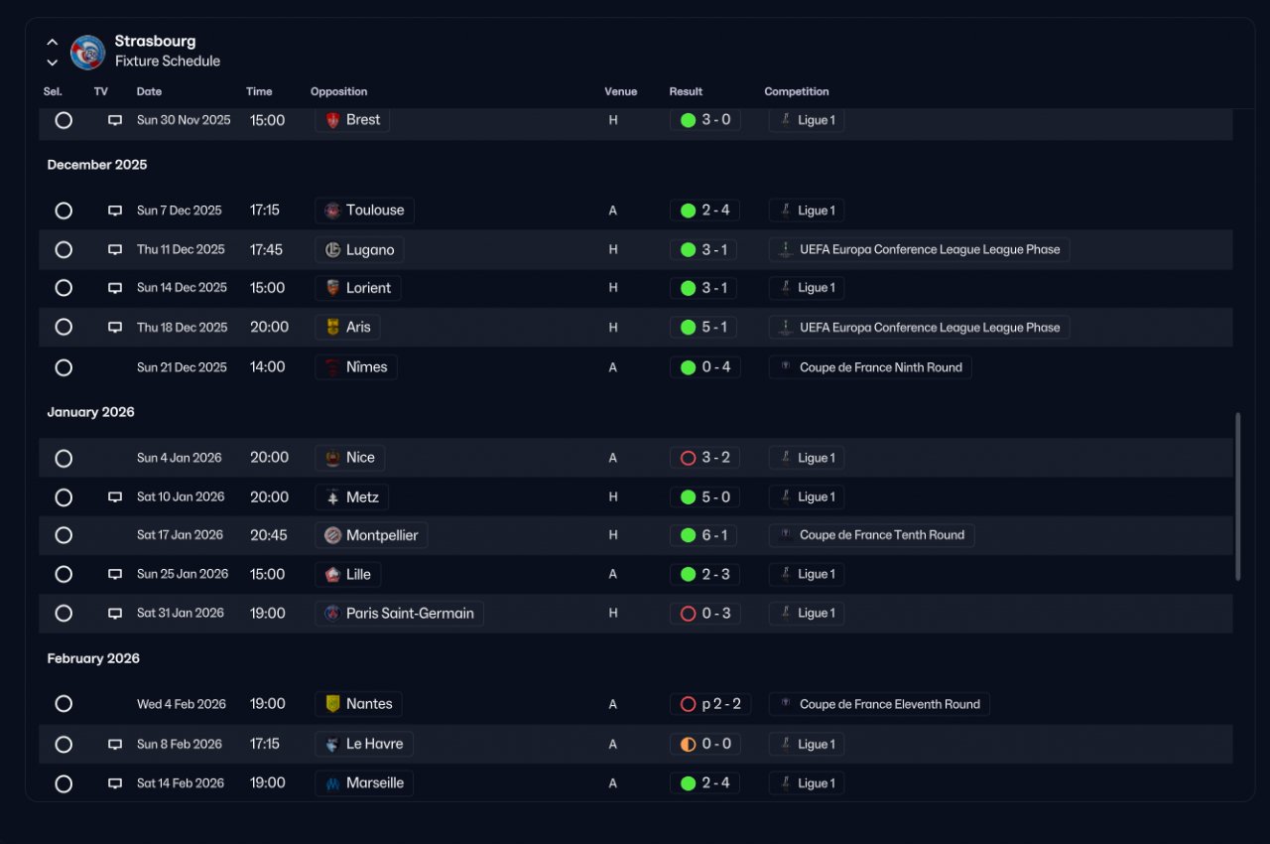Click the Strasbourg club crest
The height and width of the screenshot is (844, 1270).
point(87,53)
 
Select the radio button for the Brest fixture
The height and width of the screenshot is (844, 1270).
point(63,120)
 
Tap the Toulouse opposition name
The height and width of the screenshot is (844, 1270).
point(375,210)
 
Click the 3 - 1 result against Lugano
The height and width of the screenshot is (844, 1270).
point(713,249)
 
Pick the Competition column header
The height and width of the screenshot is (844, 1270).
point(796,91)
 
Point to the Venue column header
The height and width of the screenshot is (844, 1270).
point(620,91)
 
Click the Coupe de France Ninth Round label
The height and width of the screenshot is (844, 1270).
point(880,367)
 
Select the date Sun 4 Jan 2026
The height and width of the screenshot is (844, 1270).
point(180,458)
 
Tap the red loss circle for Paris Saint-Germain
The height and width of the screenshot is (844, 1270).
point(688,614)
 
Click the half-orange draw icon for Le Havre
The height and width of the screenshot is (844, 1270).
point(688,744)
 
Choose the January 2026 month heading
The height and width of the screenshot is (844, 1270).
point(90,412)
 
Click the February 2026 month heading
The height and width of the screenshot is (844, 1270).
point(93,658)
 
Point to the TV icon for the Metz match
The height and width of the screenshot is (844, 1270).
point(115,496)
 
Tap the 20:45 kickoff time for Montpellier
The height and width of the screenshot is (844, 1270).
point(268,535)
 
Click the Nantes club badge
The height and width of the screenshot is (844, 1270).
point(332,703)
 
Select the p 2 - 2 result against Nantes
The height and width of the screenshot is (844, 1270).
point(721,704)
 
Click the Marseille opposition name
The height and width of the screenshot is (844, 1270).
point(375,782)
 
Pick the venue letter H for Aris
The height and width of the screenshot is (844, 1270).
point(613,328)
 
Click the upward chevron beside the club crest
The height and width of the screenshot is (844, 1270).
point(53,42)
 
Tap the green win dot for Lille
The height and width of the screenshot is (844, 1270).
point(688,574)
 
